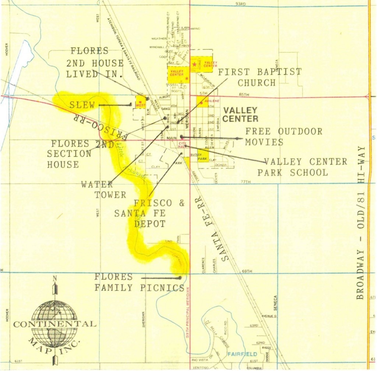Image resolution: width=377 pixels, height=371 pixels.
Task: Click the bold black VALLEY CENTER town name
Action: [240, 114]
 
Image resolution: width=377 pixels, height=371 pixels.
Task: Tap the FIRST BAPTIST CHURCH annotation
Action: [260, 77]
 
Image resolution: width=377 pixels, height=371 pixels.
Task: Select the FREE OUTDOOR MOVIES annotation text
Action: [283, 137]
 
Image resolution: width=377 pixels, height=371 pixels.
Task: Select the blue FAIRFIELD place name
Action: [242, 354]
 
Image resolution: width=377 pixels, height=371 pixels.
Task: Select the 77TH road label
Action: [245, 182]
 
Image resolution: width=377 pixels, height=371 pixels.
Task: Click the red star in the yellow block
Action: [194, 64]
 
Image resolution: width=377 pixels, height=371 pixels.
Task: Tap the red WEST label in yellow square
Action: [140, 105]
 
